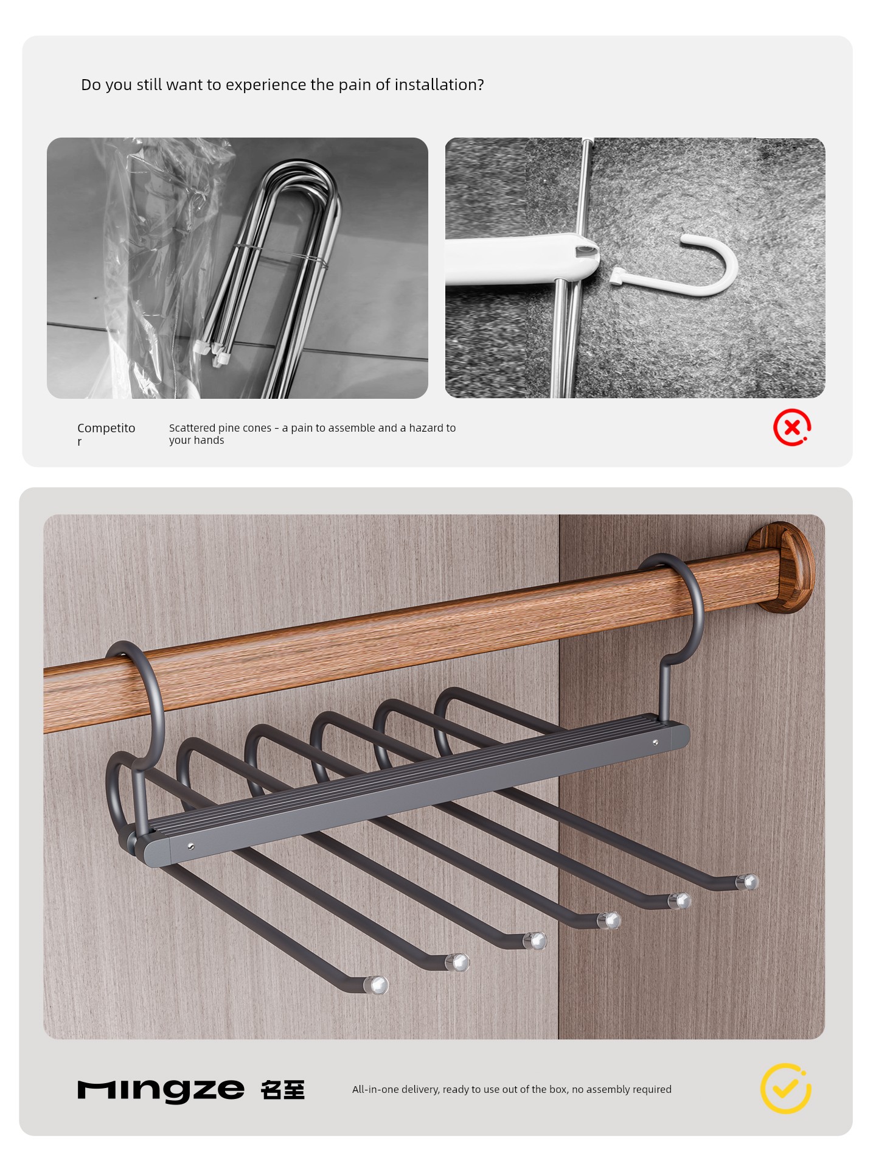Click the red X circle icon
[792, 427]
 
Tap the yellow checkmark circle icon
[785, 1089]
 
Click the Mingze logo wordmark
[161, 1090]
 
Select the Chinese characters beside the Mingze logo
[283, 1089]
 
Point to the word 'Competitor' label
[106, 434]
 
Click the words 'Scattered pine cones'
[220, 428]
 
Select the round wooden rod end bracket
[782, 567]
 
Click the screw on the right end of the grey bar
[655, 742]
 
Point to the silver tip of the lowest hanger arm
[376, 985]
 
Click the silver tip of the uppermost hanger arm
[748, 882]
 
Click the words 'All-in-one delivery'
[395, 1089]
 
